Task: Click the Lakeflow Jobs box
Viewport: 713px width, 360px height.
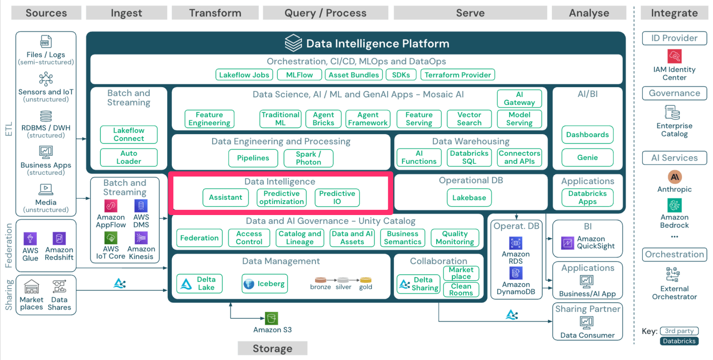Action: tap(244, 75)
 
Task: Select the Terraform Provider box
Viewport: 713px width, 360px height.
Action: tap(457, 75)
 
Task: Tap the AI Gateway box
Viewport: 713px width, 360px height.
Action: tap(519, 98)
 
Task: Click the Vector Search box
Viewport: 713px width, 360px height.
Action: tap(469, 119)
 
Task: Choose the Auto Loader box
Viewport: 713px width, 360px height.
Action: tap(129, 157)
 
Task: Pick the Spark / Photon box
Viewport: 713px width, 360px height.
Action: tap(308, 158)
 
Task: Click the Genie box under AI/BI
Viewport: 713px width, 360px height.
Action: tap(587, 157)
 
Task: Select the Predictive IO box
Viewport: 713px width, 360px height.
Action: tap(337, 198)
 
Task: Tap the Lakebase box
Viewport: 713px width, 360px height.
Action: tap(469, 198)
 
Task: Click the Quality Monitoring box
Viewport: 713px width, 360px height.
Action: tap(455, 238)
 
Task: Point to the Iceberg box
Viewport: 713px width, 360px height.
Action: tap(264, 284)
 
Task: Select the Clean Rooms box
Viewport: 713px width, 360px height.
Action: tap(461, 290)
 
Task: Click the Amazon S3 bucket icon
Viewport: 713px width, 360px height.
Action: tap(271, 318)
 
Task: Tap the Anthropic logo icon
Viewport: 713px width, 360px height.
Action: tap(674, 177)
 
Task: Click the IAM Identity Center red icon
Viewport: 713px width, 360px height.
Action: tap(674, 56)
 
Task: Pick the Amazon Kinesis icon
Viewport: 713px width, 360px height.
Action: tap(141, 238)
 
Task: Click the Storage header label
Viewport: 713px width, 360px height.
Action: tap(272, 348)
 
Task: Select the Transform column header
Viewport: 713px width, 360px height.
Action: tap(215, 13)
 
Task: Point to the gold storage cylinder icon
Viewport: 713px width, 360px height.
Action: tap(365, 280)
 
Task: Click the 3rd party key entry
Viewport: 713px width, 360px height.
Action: tap(679, 331)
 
